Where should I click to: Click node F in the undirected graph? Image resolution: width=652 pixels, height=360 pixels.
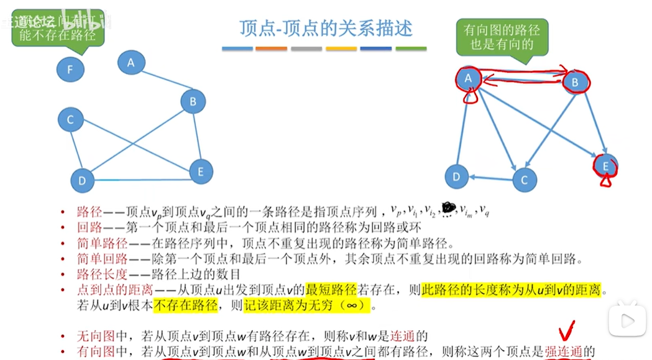(70, 69)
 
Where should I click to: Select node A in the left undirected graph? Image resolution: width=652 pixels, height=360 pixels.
(131, 62)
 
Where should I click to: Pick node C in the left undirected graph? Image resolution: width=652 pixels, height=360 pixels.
(70, 120)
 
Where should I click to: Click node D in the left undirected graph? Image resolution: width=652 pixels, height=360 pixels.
(82, 181)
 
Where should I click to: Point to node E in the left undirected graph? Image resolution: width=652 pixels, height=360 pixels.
(200, 172)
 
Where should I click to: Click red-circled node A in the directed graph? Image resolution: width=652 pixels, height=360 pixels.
(469, 78)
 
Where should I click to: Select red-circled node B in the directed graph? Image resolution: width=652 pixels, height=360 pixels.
(575, 81)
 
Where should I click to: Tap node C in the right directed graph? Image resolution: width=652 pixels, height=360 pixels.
(524, 180)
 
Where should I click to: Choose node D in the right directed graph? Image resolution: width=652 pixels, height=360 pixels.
(456, 177)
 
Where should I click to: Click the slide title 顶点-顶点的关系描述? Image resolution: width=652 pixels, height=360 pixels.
(326, 29)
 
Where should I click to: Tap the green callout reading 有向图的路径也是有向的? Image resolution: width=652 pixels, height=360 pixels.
(502, 36)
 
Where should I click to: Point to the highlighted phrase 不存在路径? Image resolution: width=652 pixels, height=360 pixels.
(185, 305)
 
